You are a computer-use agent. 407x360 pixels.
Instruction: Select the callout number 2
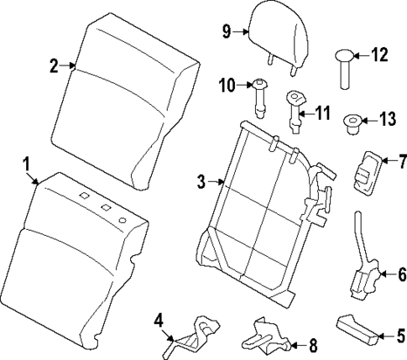pos(53,66)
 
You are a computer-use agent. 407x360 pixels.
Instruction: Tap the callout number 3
pos(201,180)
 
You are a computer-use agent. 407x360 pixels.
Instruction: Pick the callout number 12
pos(380,55)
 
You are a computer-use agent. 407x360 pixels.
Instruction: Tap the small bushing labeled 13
pos(352,126)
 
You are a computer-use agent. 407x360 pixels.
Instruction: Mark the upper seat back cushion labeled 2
pos(126,92)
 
